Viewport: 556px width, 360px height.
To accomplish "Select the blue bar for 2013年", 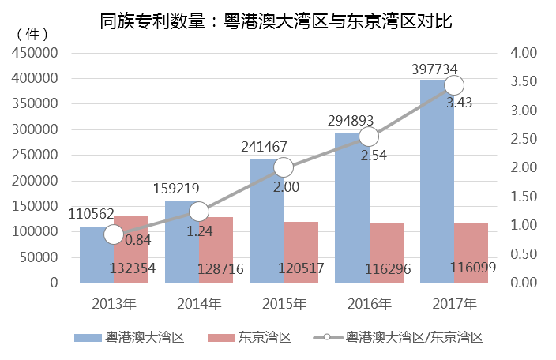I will coord(96,254).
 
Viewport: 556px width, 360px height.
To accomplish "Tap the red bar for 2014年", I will coord(216,249).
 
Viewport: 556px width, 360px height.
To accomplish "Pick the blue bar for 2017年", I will coord(437,181).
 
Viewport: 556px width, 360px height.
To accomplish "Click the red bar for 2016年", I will coord(386,253).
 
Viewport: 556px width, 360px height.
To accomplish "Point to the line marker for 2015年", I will coord(284,167).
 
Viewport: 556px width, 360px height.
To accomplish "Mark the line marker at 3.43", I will coord(454,85).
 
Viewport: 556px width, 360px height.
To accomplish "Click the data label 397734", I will coord(436,69).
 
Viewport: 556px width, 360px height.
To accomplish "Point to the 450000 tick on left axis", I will coord(34,53).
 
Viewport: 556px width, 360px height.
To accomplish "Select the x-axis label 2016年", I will coord(369,303).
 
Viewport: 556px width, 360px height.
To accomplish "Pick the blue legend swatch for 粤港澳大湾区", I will coord(88,338).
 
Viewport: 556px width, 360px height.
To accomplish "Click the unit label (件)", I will coord(32,34).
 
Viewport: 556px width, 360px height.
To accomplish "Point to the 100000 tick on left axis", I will coord(34,231).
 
